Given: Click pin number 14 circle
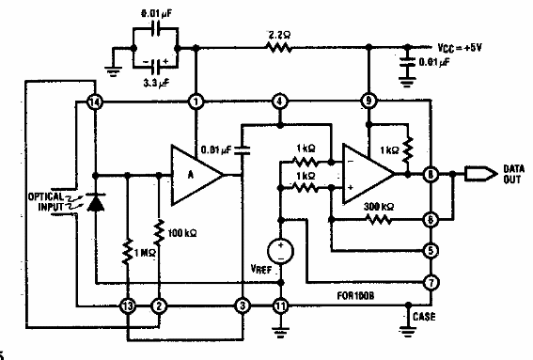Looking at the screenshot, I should pyautogui.click(x=93, y=102).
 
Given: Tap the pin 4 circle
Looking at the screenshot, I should pyautogui.click(x=278, y=102).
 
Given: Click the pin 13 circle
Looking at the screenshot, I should pyautogui.click(x=126, y=305).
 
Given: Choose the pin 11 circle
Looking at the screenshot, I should pyautogui.click(x=278, y=305).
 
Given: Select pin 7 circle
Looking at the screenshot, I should pyautogui.click(x=431, y=280).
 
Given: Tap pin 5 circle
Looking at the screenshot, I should pyautogui.click(x=431, y=251).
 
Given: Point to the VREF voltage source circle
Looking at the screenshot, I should pyautogui.click(x=278, y=251).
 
